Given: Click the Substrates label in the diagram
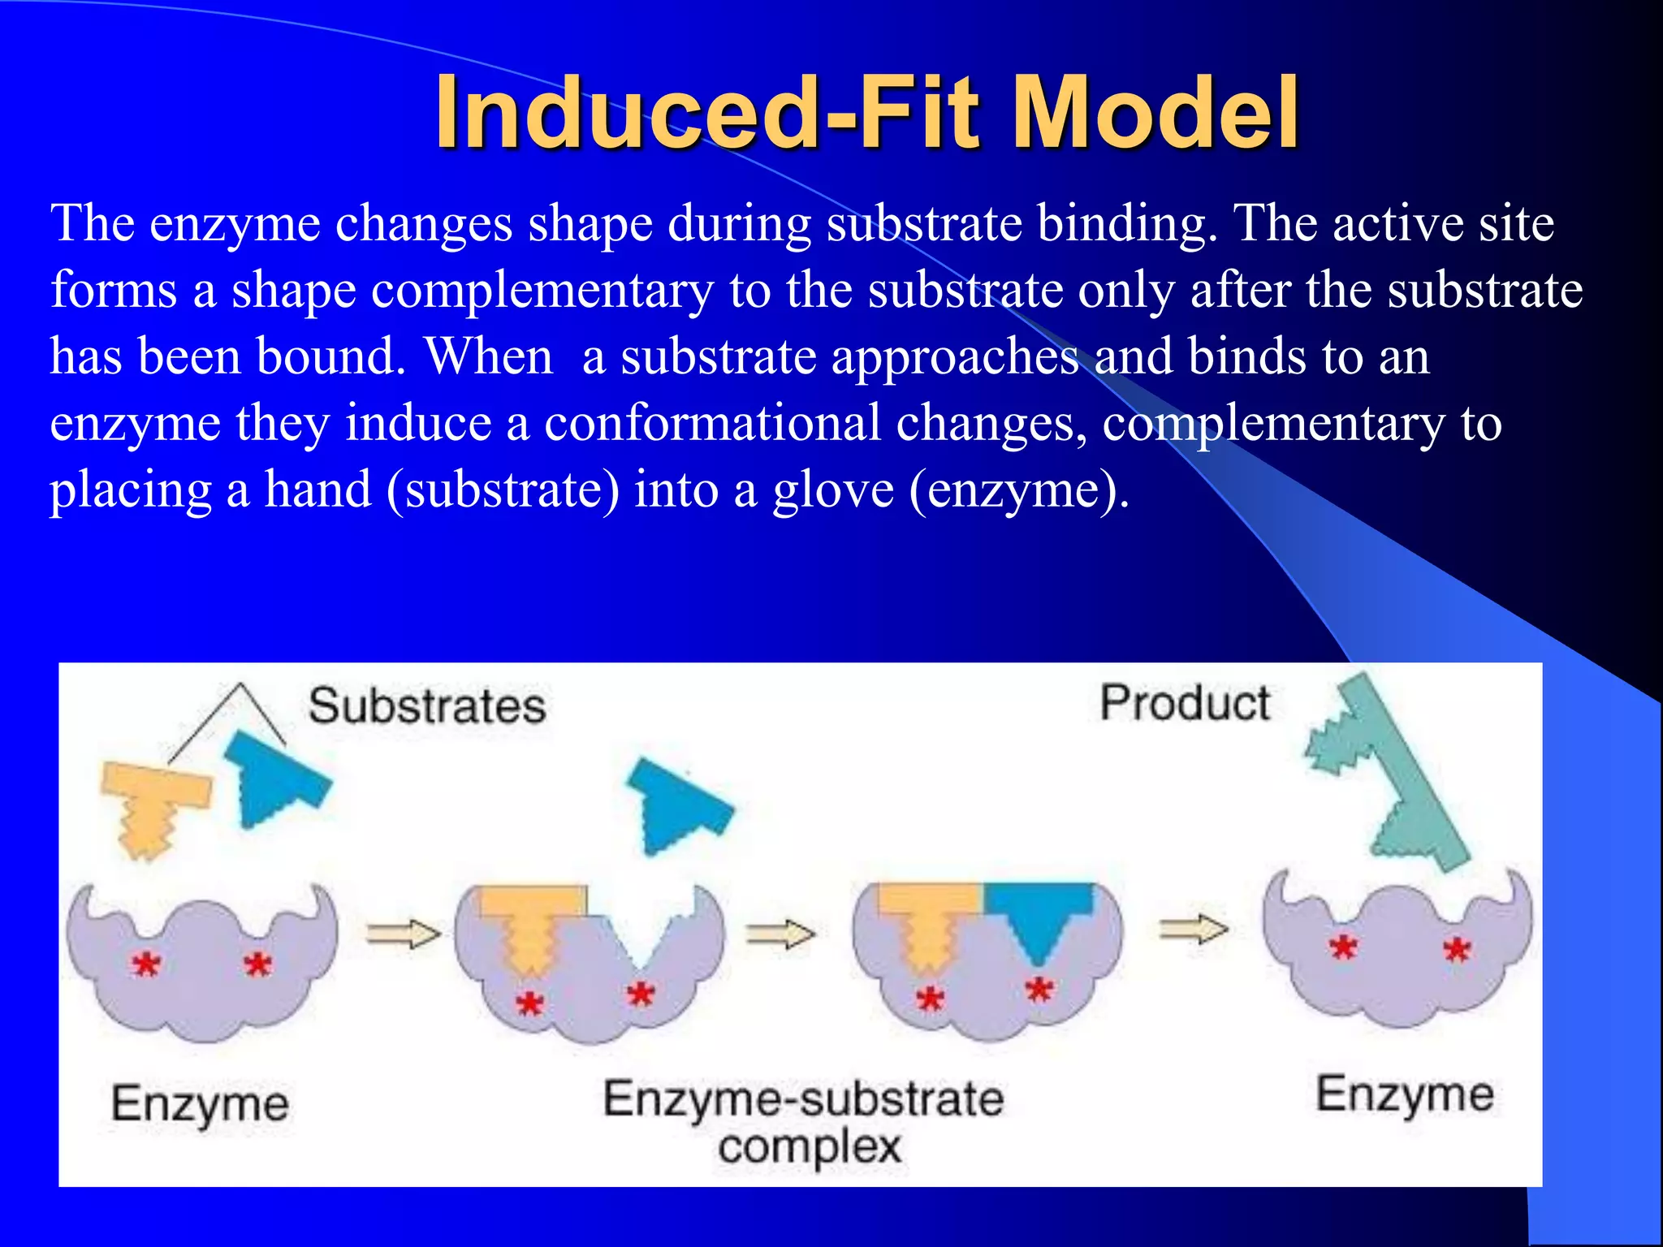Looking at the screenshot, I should pos(427,705).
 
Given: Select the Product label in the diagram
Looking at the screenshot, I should pos(1184,703).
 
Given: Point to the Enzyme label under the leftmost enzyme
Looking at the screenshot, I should pos(200,1104).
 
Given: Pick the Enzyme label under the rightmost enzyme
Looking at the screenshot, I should pos(1404,1094).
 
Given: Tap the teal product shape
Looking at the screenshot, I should pos(1397,779).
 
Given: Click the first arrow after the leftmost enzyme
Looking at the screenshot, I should pos(402,934).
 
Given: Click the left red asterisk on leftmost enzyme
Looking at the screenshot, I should pos(146,964).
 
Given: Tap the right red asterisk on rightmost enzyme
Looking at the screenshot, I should pos(1457,949).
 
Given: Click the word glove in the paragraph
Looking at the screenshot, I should pos(832,490).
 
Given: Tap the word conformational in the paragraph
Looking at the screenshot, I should pos(712,424).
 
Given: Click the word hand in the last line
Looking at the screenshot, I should pos(317,490).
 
